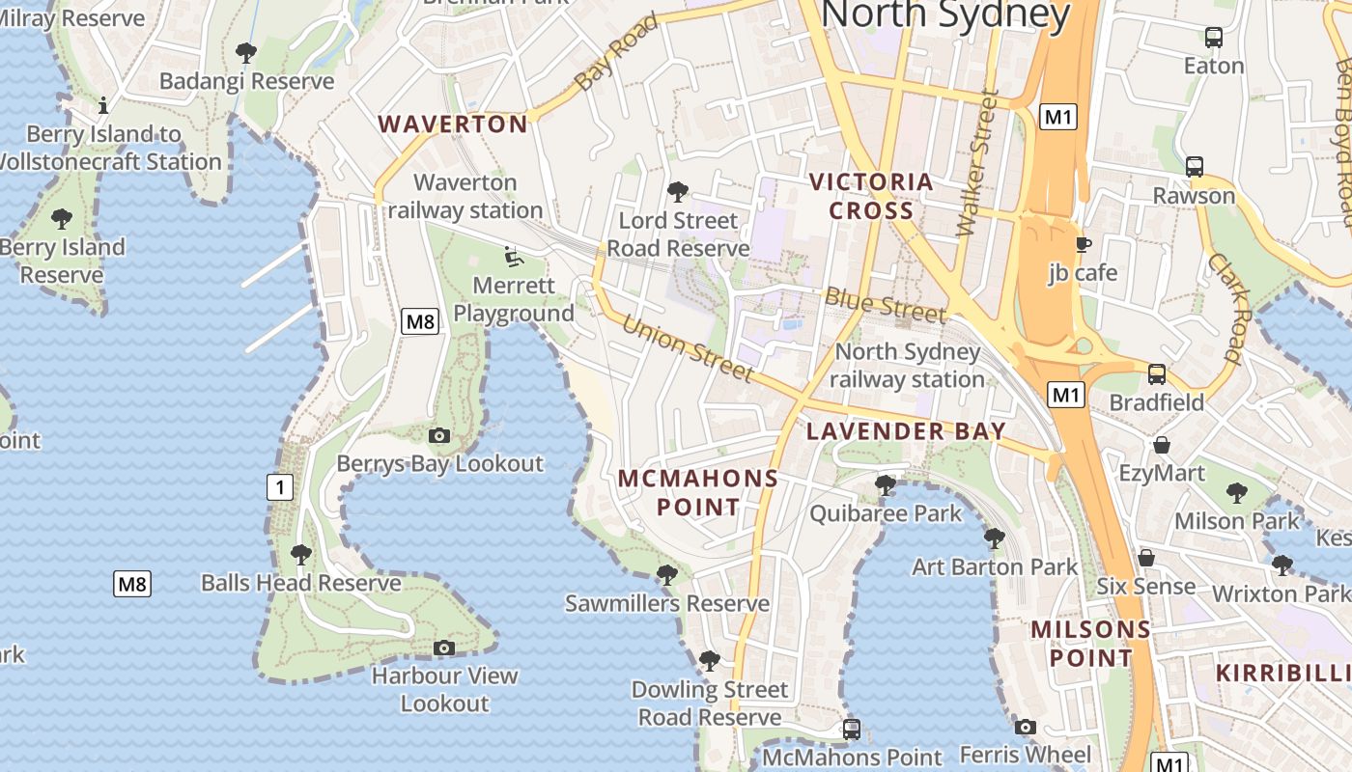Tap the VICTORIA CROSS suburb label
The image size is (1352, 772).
(x=870, y=196)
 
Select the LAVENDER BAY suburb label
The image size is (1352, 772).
(x=906, y=431)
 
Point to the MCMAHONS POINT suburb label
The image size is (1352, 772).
(x=698, y=492)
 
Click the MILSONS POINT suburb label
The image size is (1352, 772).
(x=1090, y=644)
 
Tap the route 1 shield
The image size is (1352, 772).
(x=280, y=487)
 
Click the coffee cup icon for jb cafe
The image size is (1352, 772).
(x=1083, y=244)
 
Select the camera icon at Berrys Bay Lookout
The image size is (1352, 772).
(x=439, y=435)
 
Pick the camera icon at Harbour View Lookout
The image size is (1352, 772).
(x=444, y=648)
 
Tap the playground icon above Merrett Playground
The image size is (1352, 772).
(x=514, y=257)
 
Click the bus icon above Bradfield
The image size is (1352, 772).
(x=1156, y=374)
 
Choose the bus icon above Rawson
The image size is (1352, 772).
(x=1195, y=167)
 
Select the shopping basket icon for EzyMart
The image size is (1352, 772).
(x=1162, y=445)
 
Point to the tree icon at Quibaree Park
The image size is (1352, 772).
(x=885, y=484)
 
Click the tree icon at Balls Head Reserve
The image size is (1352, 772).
(x=301, y=555)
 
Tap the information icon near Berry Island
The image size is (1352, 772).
(x=103, y=104)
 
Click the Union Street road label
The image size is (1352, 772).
(x=687, y=347)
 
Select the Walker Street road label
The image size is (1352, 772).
(x=977, y=163)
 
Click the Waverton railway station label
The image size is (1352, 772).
(x=465, y=196)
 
